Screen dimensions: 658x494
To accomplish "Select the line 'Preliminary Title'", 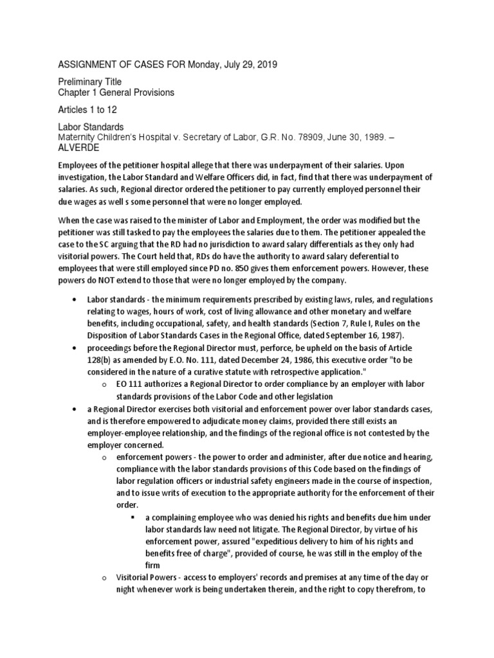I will tap(89, 82).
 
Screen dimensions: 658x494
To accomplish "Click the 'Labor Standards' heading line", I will tap(91, 127).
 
